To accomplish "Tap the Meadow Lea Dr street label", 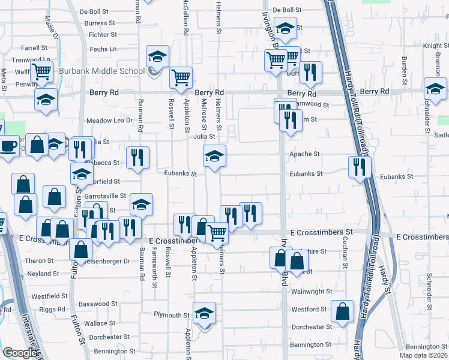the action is click(109, 121).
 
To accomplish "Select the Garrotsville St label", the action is click(106, 196).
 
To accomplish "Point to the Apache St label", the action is click(305, 154).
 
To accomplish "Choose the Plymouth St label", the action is click(171, 315).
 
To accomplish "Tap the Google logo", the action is click(20, 353).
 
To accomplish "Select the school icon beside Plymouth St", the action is click(204, 313).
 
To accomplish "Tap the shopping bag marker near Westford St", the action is click(342, 312).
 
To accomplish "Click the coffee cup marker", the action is click(8, 145).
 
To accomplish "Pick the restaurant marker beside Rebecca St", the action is click(138, 158).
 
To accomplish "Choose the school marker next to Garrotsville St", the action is click(141, 205).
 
